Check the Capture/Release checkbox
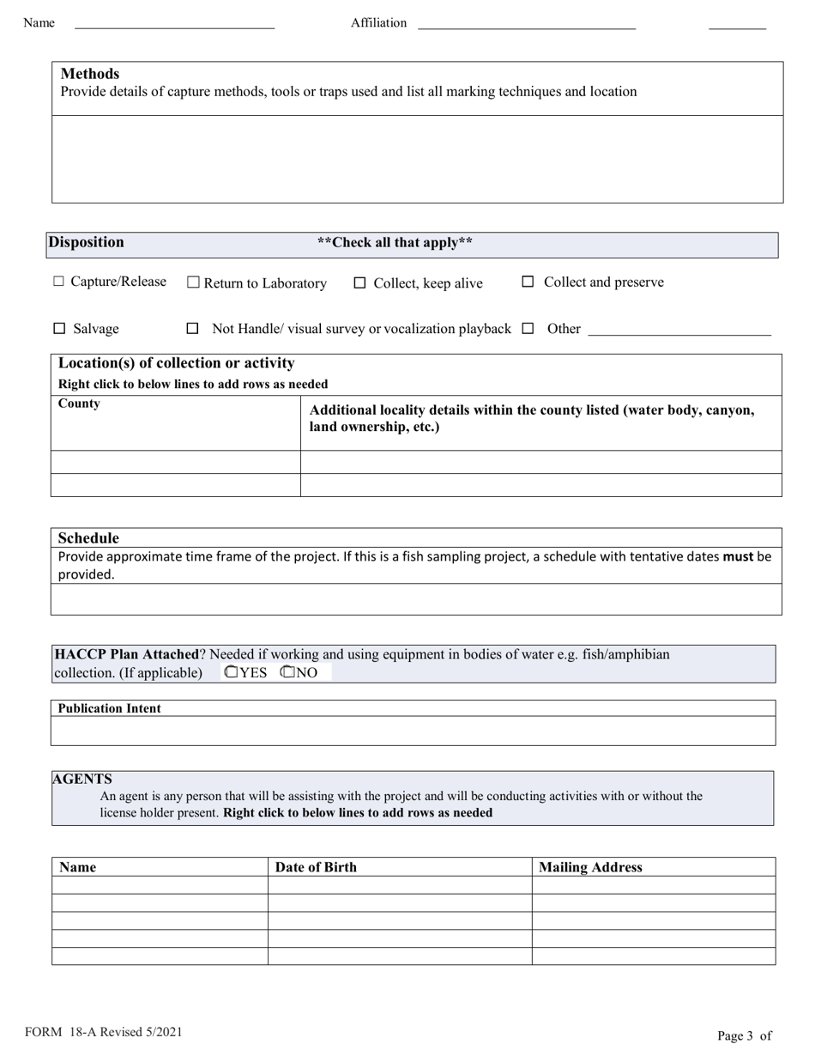(x=58, y=282)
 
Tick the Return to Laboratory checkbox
(x=193, y=282)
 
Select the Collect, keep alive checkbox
(x=359, y=283)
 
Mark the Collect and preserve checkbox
(x=528, y=282)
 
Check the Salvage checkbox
(x=59, y=329)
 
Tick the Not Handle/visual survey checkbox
(x=193, y=329)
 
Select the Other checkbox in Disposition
(x=528, y=328)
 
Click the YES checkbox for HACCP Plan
(x=231, y=672)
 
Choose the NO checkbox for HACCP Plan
(x=287, y=672)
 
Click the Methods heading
(x=90, y=74)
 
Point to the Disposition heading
(x=86, y=242)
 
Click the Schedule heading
(x=88, y=538)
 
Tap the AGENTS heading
(x=81, y=779)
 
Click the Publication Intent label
(x=109, y=708)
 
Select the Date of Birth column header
(x=316, y=867)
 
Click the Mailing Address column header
(x=590, y=867)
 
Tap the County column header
(x=79, y=404)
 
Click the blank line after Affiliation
(x=526, y=23)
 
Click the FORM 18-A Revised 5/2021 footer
(x=104, y=1033)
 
